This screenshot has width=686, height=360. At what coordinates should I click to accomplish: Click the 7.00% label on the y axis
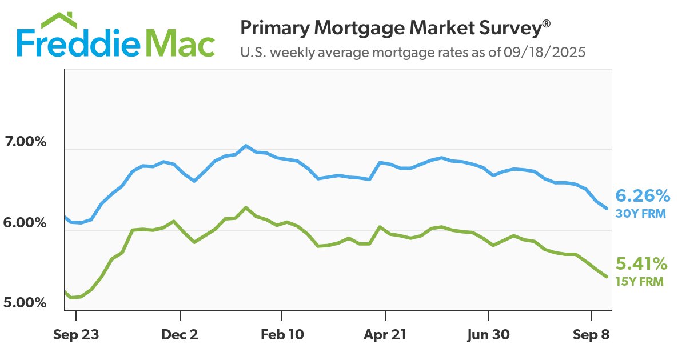pos(25,142)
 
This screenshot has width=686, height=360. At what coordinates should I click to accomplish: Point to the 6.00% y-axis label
pos(25,223)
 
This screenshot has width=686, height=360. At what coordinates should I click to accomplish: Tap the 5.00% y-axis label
pos(25,302)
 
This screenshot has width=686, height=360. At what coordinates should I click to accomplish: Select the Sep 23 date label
pos(76,335)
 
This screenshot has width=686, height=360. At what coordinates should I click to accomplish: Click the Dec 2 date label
pos(180,335)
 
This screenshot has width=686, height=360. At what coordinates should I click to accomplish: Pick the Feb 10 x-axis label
pos(282,335)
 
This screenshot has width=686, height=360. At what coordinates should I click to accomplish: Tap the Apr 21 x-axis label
pos(386,335)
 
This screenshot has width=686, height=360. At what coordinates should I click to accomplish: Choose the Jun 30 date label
pos(489,335)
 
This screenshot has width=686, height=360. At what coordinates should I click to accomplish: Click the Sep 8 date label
pos(591,335)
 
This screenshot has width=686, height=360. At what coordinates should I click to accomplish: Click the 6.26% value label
pos(643,197)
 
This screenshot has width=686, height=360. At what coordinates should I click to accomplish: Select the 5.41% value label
pos(641,264)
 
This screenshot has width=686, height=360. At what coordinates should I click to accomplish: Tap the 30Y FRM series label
pos(639,214)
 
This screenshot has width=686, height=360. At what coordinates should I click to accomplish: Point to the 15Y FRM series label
pos(640,281)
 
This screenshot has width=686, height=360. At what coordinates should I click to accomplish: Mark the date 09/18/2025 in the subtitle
pos(545,53)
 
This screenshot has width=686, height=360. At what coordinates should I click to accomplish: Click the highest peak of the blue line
pos(246,146)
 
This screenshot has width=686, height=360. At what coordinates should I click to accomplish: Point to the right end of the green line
pos(607,277)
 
